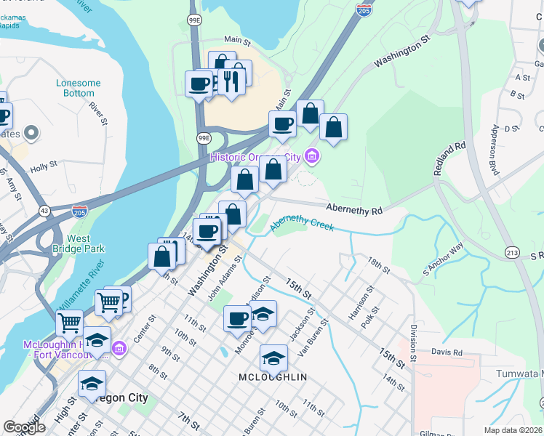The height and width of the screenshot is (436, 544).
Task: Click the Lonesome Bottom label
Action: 78,88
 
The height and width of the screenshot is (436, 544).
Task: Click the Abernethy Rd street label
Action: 353,210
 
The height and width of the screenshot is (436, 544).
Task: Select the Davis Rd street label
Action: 447,353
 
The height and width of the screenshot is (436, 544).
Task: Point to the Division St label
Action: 412,343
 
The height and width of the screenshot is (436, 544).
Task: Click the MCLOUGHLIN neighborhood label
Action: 273,377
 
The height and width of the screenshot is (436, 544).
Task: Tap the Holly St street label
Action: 44,168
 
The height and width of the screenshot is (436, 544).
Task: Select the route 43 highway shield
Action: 44,210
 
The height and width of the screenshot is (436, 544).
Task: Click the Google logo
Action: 24,427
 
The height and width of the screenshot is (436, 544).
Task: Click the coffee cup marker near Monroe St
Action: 237,318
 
